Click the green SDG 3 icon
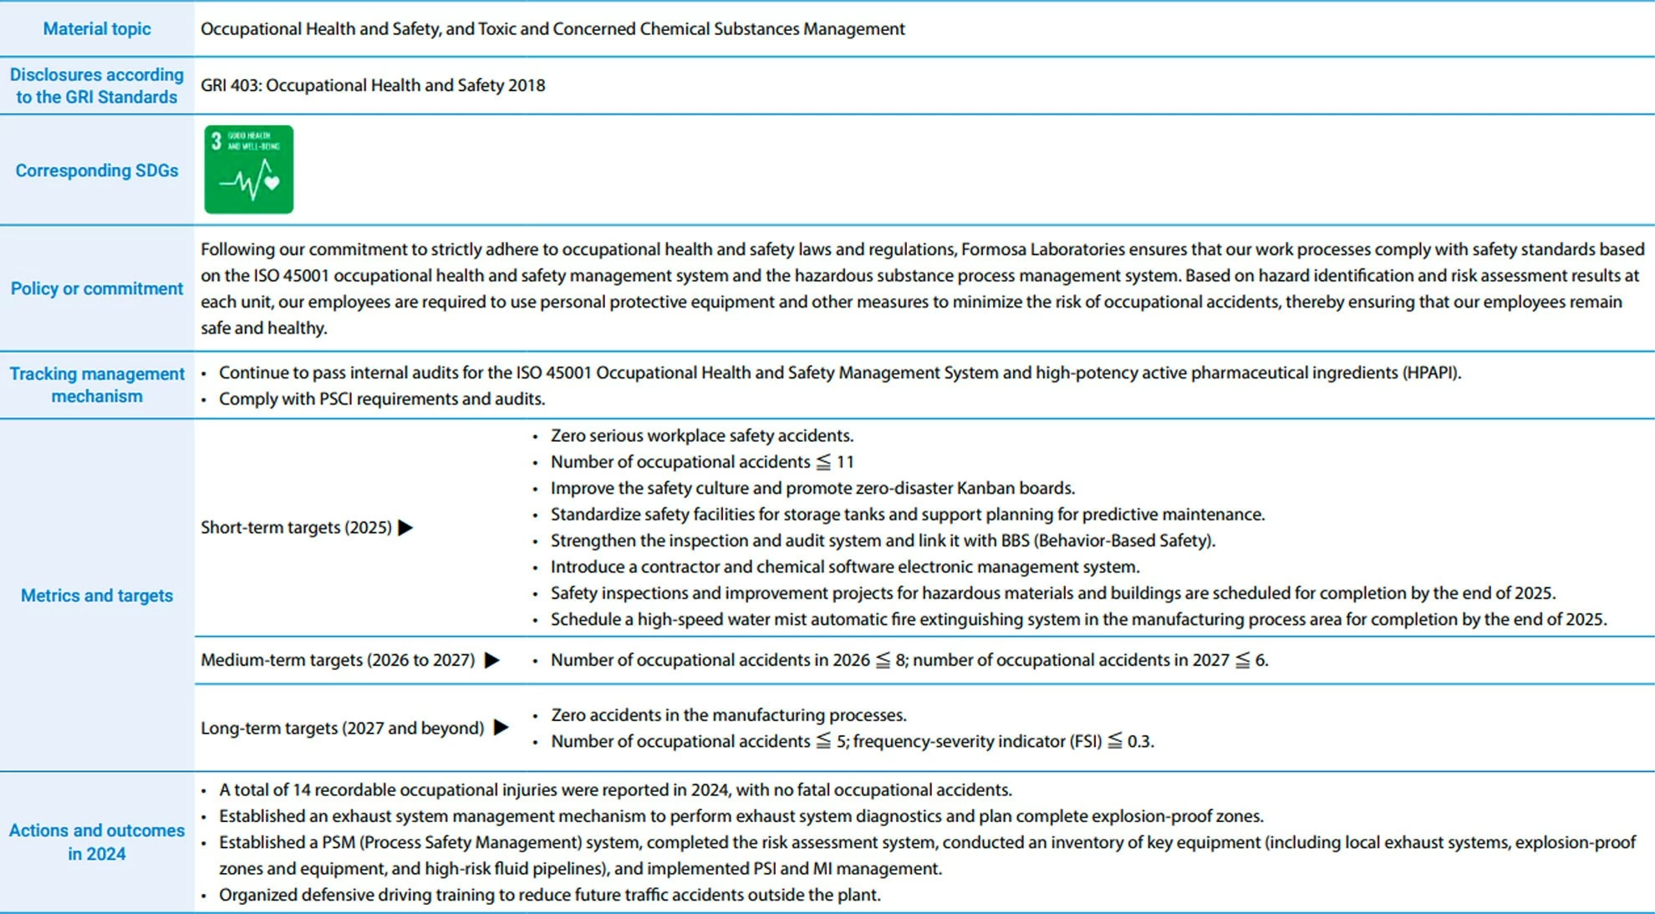(248, 170)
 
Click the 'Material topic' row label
(97, 29)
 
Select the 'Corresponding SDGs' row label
(97, 170)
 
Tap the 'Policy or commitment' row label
(97, 288)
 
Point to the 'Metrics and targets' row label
(97, 596)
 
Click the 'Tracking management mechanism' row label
(97, 385)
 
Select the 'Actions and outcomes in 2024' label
(97, 842)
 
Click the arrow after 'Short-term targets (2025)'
(406, 528)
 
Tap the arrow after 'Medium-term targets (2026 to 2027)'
(492, 661)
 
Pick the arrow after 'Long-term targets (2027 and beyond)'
(502, 728)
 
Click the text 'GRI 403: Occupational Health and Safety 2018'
(373, 85)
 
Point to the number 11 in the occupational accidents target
(845, 462)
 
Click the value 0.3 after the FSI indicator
(1139, 742)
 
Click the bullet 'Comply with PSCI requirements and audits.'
(382, 399)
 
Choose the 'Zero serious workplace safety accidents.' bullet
(702, 436)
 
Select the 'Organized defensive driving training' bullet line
(549, 896)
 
